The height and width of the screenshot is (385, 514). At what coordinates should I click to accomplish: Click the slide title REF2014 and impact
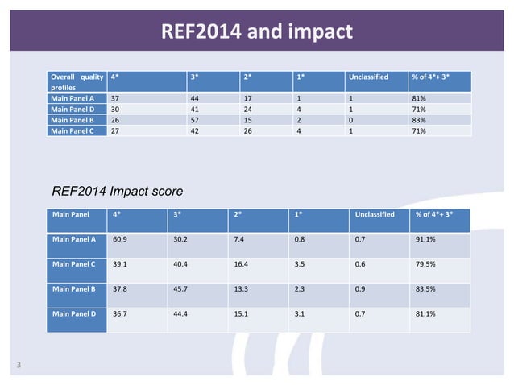coord(257,32)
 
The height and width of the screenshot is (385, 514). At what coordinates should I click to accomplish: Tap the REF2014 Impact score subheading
coord(117,192)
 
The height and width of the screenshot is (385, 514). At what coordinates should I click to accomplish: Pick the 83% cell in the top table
coord(418,120)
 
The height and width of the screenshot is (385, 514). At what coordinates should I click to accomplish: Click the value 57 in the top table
coord(194,120)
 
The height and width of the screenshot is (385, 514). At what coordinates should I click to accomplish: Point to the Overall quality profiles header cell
coord(77,82)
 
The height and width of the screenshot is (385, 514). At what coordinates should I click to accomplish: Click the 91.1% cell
coord(427,239)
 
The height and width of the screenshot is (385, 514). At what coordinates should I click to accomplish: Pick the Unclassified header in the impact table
coord(375,215)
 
